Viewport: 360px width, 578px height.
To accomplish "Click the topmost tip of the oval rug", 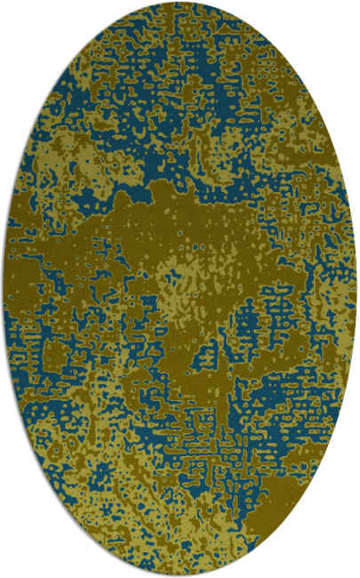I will (x=180, y=3).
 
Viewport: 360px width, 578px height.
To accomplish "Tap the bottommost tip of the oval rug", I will (x=180, y=575).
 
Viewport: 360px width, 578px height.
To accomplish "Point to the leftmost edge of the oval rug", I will (x=3, y=289).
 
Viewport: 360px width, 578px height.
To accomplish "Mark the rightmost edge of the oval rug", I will (x=356, y=289).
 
